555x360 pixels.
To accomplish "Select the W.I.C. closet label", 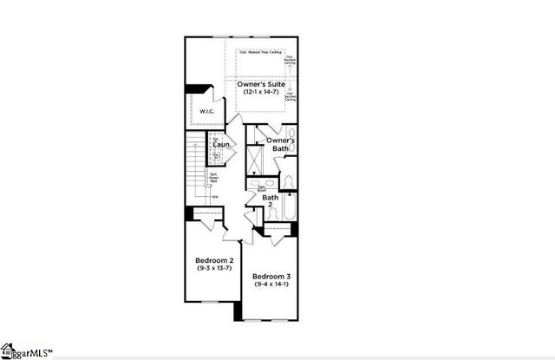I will pos(207,111).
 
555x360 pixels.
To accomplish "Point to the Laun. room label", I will pos(221,145).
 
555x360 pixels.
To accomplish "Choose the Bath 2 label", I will pos(271,201).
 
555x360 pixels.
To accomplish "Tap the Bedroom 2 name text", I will pos(213,260).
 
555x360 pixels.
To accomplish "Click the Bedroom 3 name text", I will pos(271,276).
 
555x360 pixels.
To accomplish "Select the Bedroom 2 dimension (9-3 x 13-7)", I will pos(213,269).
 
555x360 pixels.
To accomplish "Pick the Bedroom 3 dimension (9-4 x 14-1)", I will pos(271,285).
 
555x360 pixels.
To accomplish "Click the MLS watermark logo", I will pos(26,351).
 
